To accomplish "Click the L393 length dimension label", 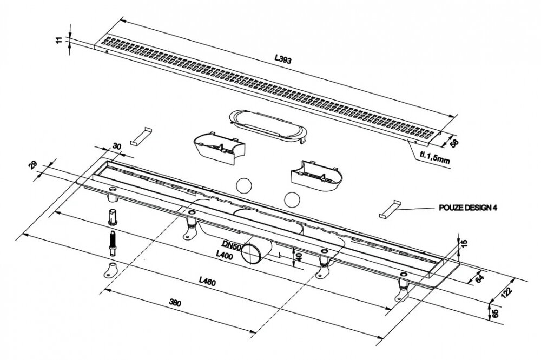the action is (x=283, y=59).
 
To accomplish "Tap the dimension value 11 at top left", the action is (x=60, y=40).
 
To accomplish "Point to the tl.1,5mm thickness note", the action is (x=434, y=158).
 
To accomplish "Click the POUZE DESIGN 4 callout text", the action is (x=468, y=208).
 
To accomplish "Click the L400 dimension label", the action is (x=225, y=255).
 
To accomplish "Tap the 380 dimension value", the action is (x=175, y=303).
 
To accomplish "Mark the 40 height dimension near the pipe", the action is (x=299, y=256).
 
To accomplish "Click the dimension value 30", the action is (x=117, y=146).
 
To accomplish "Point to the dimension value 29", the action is (x=33, y=165).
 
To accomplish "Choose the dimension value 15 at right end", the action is (x=464, y=244).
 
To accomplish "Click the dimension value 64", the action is (x=479, y=278).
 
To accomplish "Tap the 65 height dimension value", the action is (x=495, y=314).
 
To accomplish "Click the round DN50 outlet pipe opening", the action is (x=251, y=254).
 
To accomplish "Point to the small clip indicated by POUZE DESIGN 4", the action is (x=390, y=209).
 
